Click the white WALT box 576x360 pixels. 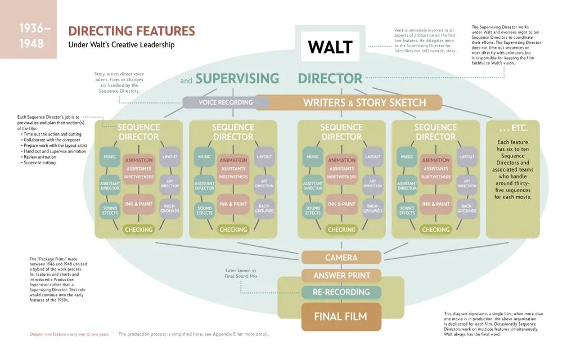pyautogui.click(x=330, y=46)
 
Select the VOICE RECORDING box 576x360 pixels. pyautogui.click(x=226, y=102)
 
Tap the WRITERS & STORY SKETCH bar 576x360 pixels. pyautogui.click(x=364, y=102)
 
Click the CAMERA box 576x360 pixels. pyautogui.click(x=341, y=258)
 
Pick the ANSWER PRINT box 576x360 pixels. pyautogui.click(x=341, y=276)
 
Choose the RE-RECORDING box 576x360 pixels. pyautogui.click(x=341, y=292)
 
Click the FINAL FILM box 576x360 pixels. pyautogui.click(x=341, y=316)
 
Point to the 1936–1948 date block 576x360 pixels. pyautogui.click(x=28, y=36)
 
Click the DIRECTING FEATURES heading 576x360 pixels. pyautogui.click(x=132, y=31)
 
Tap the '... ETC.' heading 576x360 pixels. pyautogui.click(x=512, y=128)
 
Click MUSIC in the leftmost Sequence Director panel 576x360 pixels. pyautogui.click(x=110, y=157)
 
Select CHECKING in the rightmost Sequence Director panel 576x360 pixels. pyautogui.click(x=435, y=229)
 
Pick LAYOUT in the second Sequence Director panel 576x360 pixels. pyautogui.click(x=264, y=157)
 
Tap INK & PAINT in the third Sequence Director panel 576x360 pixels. pyautogui.click(x=341, y=204)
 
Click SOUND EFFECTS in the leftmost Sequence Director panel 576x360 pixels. pyautogui.click(x=110, y=210)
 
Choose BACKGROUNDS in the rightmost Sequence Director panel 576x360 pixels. pyautogui.click(x=467, y=208)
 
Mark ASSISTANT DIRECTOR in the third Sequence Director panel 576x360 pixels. pyautogui.click(x=313, y=185)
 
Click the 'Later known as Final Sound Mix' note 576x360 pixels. pyautogui.click(x=242, y=273)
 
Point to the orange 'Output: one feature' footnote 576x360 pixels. pyautogui.click(x=69, y=335)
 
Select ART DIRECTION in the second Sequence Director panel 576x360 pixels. pyautogui.click(x=264, y=183)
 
